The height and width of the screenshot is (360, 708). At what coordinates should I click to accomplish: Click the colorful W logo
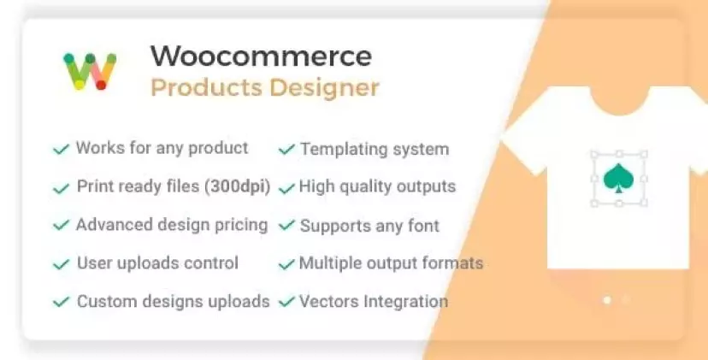pos(90,71)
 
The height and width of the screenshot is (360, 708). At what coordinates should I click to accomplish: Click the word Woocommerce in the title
pos(261,56)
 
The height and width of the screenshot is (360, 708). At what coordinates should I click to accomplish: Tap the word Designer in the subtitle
pos(325,87)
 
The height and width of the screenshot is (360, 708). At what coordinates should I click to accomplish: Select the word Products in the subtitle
pos(206,87)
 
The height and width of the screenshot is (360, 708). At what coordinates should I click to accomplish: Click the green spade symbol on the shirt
pos(618,179)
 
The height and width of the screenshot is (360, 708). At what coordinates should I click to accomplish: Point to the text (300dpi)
pos(238,186)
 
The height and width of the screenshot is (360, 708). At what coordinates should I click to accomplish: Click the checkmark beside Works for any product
pos(62,149)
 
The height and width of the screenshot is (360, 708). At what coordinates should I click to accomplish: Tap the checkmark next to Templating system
pos(286,149)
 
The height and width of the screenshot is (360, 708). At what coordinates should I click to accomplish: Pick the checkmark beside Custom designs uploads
pos(62,302)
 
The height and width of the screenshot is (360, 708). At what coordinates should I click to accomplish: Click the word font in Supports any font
pos(422,226)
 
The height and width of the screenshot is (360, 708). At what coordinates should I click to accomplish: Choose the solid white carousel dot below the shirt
pos(607,299)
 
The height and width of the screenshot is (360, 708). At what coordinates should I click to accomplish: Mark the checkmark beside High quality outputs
pos(286,187)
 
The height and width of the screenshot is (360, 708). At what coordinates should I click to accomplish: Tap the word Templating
pos(337,150)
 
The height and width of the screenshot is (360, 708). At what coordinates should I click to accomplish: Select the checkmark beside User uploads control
pos(62,263)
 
